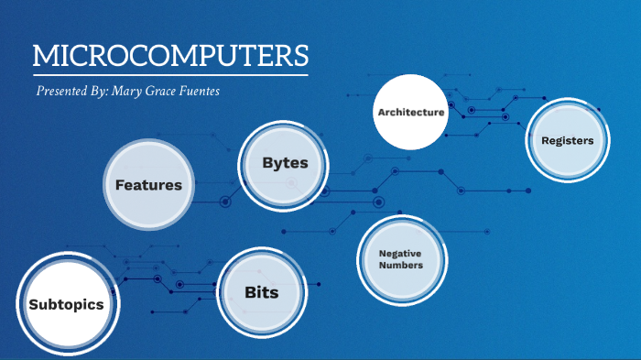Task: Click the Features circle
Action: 148,184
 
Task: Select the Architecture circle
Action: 410,112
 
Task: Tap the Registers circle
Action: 567,141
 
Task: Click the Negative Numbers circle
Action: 401,258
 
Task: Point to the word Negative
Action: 401,253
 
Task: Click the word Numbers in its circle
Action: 401,266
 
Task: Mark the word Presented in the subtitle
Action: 63,92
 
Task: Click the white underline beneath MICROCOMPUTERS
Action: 170,73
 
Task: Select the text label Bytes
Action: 285,163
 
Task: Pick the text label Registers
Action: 567,141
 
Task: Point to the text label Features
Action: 148,185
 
